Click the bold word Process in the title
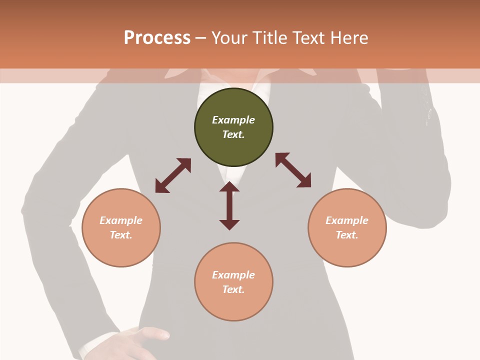pyautogui.click(x=157, y=38)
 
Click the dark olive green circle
pyautogui.click(x=233, y=127)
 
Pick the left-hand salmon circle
pyautogui.click(x=121, y=228)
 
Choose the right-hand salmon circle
pyautogui.click(x=347, y=228)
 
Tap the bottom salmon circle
pyautogui.click(x=233, y=282)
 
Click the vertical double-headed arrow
pyautogui.click(x=229, y=205)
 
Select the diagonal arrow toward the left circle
pyautogui.click(x=173, y=175)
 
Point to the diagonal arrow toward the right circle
pyautogui.click(x=293, y=170)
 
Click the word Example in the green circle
pyautogui.click(x=233, y=120)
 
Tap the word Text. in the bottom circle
pyautogui.click(x=233, y=289)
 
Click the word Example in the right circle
pyautogui.click(x=347, y=220)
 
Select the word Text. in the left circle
pyautogui.click(x=121, y=235)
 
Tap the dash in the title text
pyautogui.click(x=201, y=38)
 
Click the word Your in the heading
pyautogui.click(x=229, y=38)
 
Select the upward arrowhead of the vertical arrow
pyautogui.click(x=229, y=187)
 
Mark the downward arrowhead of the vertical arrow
pyautogui.click(x=229, y=224)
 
